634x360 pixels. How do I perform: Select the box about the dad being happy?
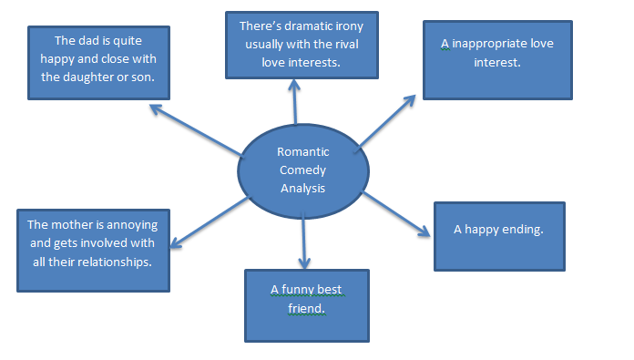tap(98, 59)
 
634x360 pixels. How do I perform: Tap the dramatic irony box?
tap(302, 45)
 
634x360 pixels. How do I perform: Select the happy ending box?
tap(498, 235)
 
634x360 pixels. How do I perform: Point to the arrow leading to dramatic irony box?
tap(295, 100)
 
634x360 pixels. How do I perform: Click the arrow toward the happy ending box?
tap(396, 214)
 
